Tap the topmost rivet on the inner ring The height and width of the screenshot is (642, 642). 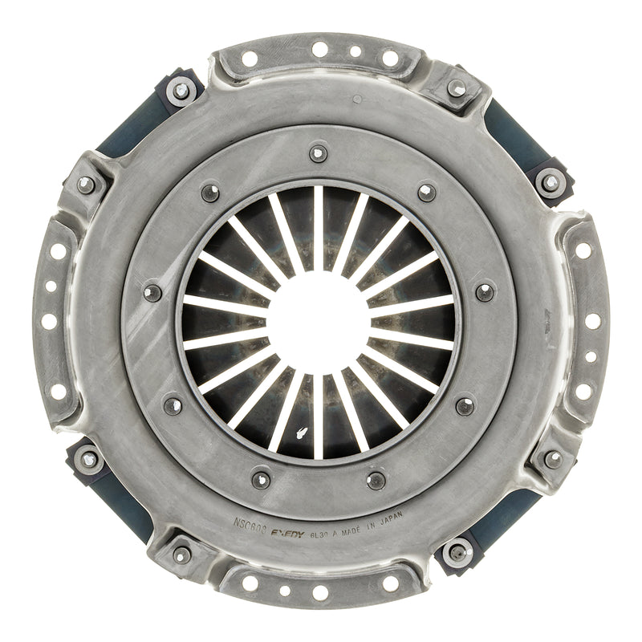tap(319, 152)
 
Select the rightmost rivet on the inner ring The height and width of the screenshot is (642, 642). tap(485, 291)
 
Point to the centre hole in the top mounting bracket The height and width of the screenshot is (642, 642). tap(319, 50)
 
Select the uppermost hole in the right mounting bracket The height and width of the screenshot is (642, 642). tap(583, 250)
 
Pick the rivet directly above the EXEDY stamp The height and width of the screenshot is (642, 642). tap(262, 480)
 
